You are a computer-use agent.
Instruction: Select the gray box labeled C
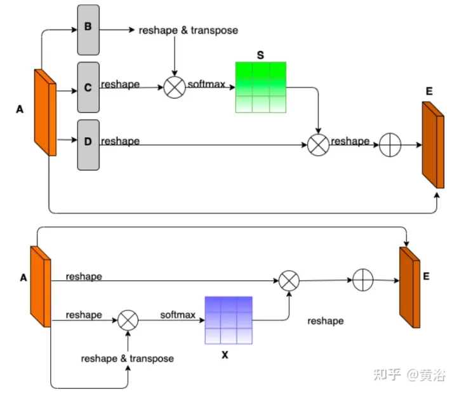tap(88, 87)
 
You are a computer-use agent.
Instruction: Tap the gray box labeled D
tap(88, 144)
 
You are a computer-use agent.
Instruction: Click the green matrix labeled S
tap(260, 87)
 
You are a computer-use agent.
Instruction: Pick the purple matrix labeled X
tap(228, 320)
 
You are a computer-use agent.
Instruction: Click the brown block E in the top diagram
tap(432, 144)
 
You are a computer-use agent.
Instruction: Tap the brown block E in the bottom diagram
tap(409, 287)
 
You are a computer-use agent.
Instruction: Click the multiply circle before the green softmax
tap(174, 88)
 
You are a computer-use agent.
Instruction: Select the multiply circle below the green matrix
tap(318, 146)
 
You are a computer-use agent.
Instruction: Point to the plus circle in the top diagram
tap(390, 146)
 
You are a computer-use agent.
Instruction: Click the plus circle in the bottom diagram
tap(363, 280)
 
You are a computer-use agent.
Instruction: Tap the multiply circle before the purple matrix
tap(128, 320)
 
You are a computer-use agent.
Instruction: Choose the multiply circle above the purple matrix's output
tap(289, 280)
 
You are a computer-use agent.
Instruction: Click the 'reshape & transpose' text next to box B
tap(188, 30)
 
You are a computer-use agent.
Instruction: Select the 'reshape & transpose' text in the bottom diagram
tap(127, 358)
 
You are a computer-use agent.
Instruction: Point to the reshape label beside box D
tap(120, 141)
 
